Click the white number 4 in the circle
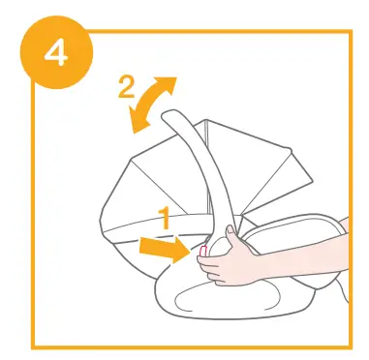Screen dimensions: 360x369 point(55,51)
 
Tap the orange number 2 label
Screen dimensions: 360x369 point(126,87)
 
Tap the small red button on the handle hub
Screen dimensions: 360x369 point(203,254)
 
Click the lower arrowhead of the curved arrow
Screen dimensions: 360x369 point(138,122)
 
